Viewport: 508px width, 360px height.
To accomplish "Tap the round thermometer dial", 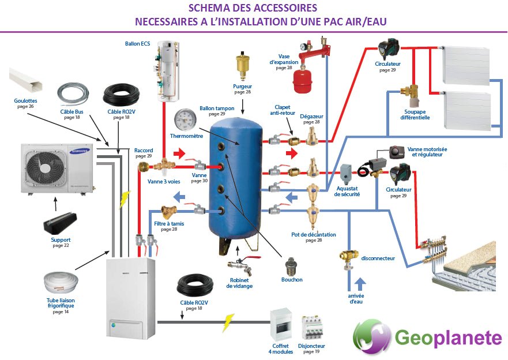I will tap(185, 121).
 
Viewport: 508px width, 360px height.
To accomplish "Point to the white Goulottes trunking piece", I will tap(28, 85).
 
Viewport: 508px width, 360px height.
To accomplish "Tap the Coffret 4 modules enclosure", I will tap(281, 327).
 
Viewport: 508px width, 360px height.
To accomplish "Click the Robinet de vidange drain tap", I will tap(239, 266).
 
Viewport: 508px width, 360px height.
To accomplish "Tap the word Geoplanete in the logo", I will tap(448, 337).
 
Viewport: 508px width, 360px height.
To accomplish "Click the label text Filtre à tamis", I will tap(169, 223).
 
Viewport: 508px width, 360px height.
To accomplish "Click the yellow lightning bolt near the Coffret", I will tap(228, 321).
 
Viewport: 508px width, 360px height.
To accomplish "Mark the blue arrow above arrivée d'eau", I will tap(360, 283).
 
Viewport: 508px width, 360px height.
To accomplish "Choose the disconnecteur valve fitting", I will tap(348, 258).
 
